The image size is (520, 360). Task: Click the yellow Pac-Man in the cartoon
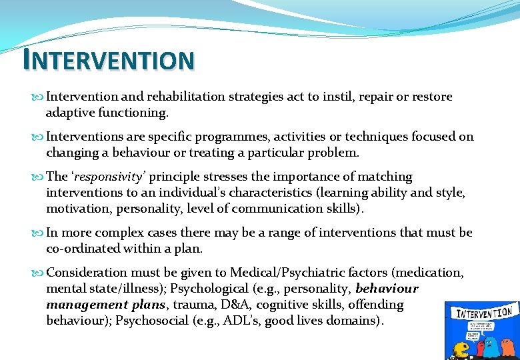[x=461, y=349]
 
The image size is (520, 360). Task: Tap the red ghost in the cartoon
[x=478, y=347]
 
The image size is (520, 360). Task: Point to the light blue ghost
[x=493, y=345]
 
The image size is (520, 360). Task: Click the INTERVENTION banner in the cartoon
[x=483, y=313]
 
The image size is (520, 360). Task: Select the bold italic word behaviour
[x=387, y=289]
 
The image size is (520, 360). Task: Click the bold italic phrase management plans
[x=107, y=305]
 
